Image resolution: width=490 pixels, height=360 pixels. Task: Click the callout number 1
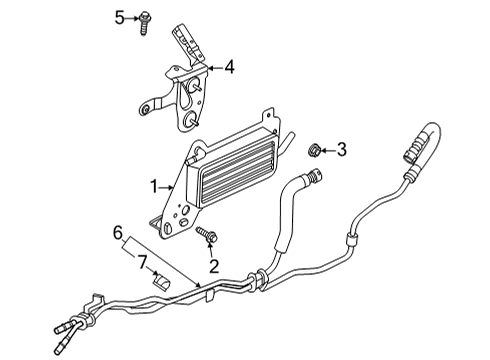154,186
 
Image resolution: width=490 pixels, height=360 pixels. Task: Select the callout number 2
212,266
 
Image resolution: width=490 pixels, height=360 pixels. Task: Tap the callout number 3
342,151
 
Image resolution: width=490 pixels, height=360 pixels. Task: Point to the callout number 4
229,68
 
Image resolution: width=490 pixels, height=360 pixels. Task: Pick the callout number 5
119,17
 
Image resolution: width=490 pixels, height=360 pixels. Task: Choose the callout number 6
116,232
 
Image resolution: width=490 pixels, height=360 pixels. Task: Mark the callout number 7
142,262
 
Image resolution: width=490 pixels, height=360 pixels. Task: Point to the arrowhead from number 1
176,186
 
